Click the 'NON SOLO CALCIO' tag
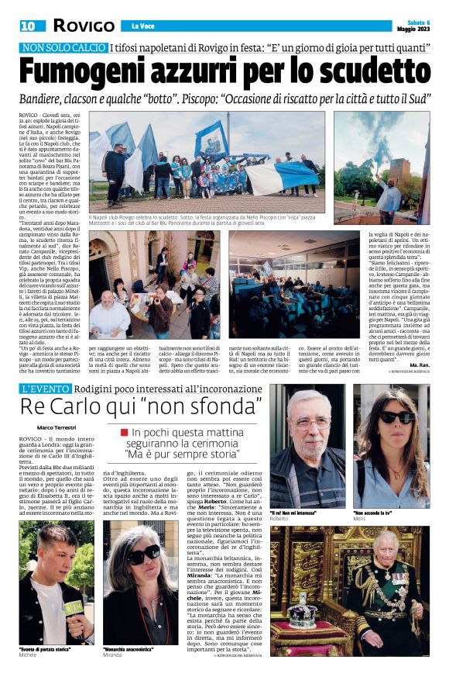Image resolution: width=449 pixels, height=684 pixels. click(65, 48)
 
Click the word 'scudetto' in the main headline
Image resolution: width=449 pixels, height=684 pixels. click(371, 74)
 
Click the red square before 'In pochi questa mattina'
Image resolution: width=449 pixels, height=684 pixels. click(124, 431)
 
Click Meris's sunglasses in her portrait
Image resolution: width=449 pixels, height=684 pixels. click(396, 419)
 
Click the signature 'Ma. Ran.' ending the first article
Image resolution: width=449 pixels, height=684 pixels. click(419, 364)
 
